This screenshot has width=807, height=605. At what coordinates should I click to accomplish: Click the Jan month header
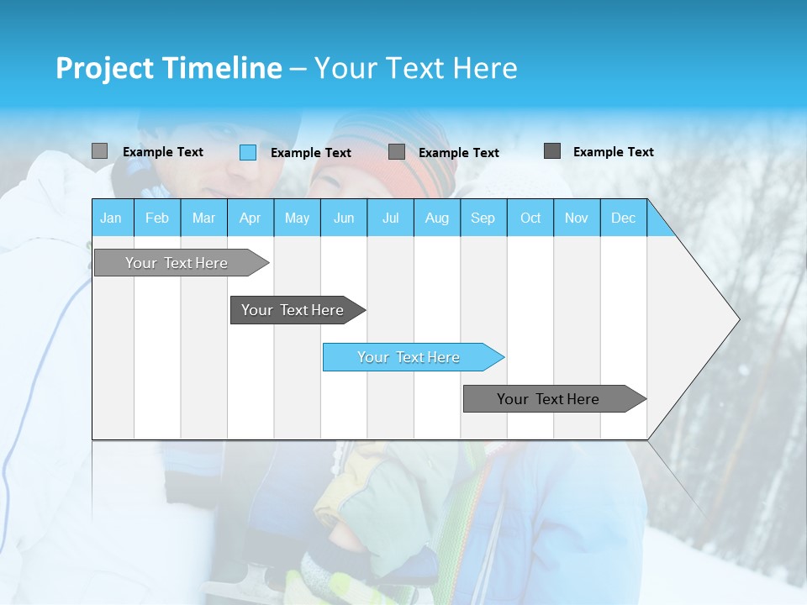111,218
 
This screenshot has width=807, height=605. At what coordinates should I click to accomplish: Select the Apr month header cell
250,218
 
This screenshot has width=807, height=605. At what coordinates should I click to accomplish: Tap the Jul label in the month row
390,218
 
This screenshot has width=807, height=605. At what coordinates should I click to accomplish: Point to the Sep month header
483,218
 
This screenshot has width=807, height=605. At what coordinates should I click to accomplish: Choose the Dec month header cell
623,218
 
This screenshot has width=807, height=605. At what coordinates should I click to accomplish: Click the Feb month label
156,218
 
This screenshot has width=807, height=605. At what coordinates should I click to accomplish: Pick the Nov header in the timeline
576,218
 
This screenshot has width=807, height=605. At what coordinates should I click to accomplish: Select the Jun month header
343,218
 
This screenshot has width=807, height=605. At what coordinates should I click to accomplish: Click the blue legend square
248,152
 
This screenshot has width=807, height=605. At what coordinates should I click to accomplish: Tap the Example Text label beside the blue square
310,153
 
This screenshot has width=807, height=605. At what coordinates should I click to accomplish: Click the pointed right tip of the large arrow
737,319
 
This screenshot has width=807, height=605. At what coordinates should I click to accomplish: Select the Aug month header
436,218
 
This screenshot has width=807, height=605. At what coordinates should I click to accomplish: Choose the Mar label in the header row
203,218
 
